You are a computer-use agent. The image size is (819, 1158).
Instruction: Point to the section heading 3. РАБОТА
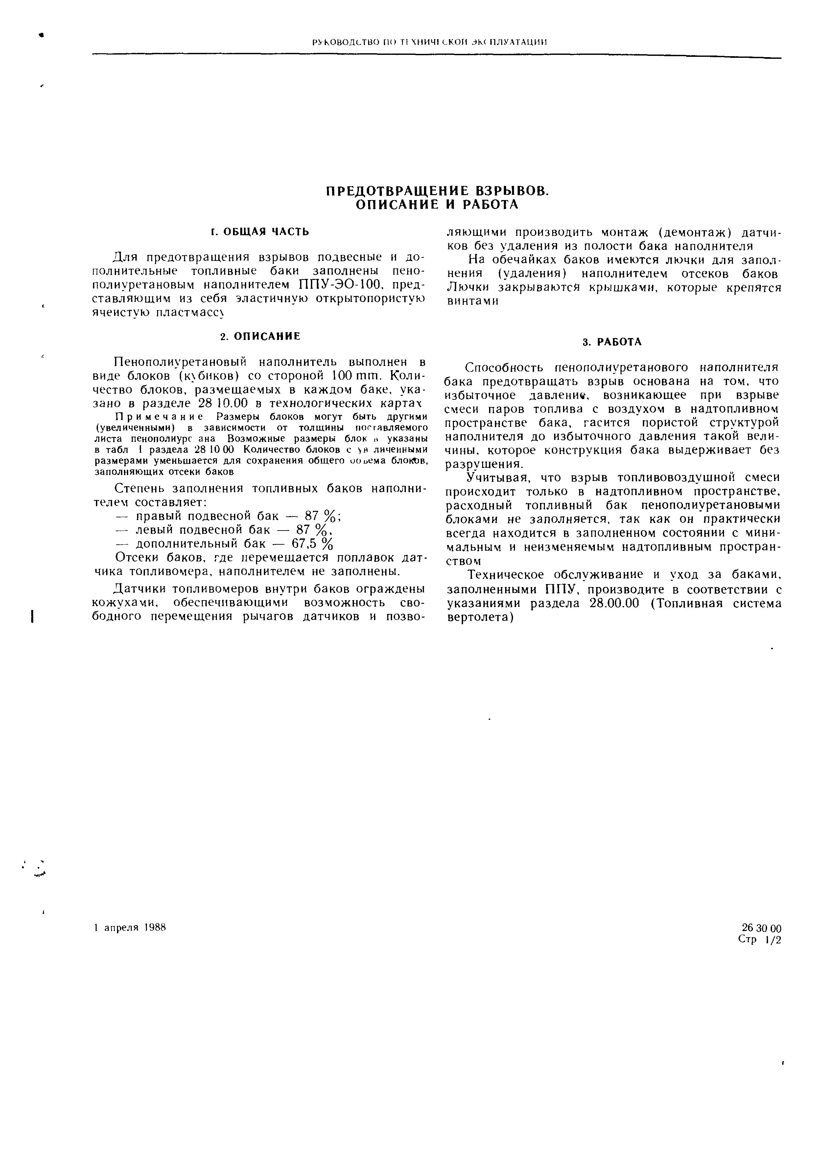tap(612, 342)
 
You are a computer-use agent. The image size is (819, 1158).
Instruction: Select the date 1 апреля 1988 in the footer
tap(130, 927)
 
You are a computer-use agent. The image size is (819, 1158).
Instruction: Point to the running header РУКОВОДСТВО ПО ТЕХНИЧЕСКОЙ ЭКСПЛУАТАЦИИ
tap(430, 42)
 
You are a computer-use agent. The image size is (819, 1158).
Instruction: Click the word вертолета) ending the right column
tap(480, 617)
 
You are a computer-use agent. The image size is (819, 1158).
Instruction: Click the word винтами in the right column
tap(473, 302)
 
